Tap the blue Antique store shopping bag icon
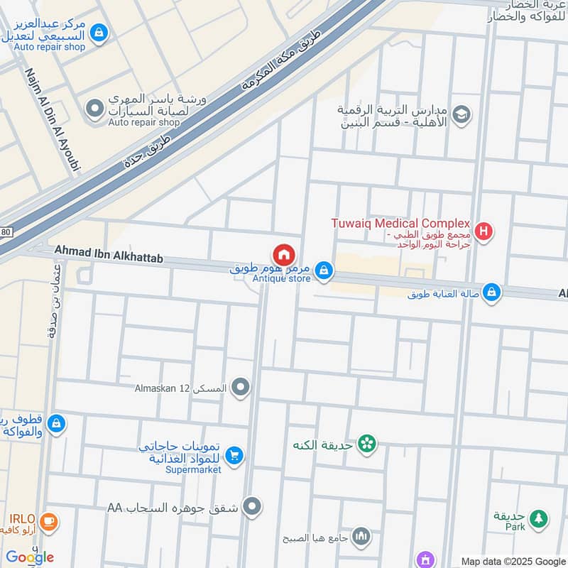click(x=324, y=271)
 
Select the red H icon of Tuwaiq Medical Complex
click(x=484, y=230)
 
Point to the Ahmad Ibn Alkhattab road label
click(x=109, y=255)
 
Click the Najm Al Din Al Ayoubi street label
click(x=54, y=120)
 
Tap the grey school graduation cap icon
click(x=461, y=115)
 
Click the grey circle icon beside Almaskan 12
click(x=241, y=388)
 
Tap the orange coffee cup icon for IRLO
click(x=48, y=520)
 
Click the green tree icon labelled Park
click(x=540, y=519)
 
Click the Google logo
click(x=31, y=557)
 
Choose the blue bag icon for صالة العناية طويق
click(x=491, y=292)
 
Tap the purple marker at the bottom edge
click(x=425, y=560)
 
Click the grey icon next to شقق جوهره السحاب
click(x=251, y=507)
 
